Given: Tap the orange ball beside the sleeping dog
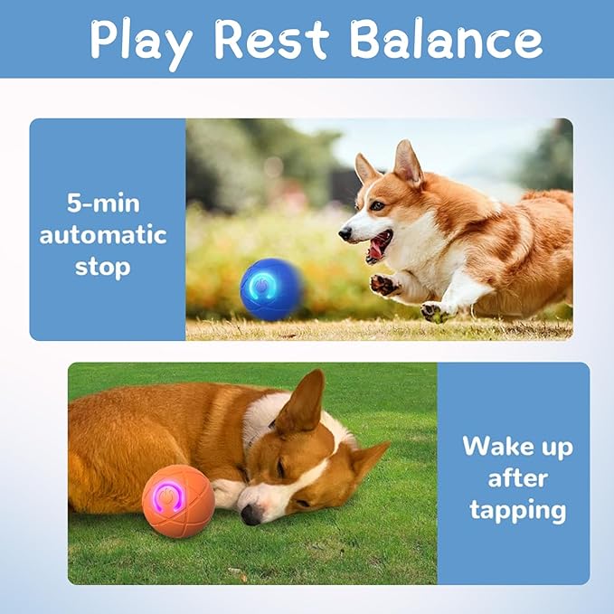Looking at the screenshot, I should (x=178, y=501).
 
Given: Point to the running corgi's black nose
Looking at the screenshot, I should (x=345, y=234).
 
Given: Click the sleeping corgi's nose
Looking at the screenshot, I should (x=250, y=515).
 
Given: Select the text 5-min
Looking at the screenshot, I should (x=102, y=203).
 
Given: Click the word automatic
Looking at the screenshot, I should (x=102, y=235).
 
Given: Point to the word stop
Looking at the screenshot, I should (x=102, y=268).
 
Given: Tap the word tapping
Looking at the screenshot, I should (x=517, y=510).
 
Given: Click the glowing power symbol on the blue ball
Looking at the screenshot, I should (x=260, y=286).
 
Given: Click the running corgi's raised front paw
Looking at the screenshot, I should (x=386, y=285).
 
